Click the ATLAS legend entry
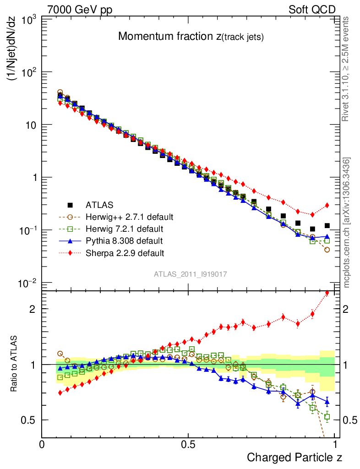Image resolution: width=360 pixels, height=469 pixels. [100, 205]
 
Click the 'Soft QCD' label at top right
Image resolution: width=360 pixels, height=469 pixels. [312, 10]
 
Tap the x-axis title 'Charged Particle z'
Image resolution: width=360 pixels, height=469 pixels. [294, 457]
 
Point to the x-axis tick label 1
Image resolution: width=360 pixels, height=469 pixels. [335, 443]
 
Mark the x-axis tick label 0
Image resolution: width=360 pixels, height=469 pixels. [42, 443]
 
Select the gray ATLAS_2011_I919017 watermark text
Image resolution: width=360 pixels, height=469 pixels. [191, 274]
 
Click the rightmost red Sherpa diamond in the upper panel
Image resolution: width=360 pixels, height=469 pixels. [327, 205]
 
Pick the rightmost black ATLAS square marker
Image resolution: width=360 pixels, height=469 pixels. [327, 225]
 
